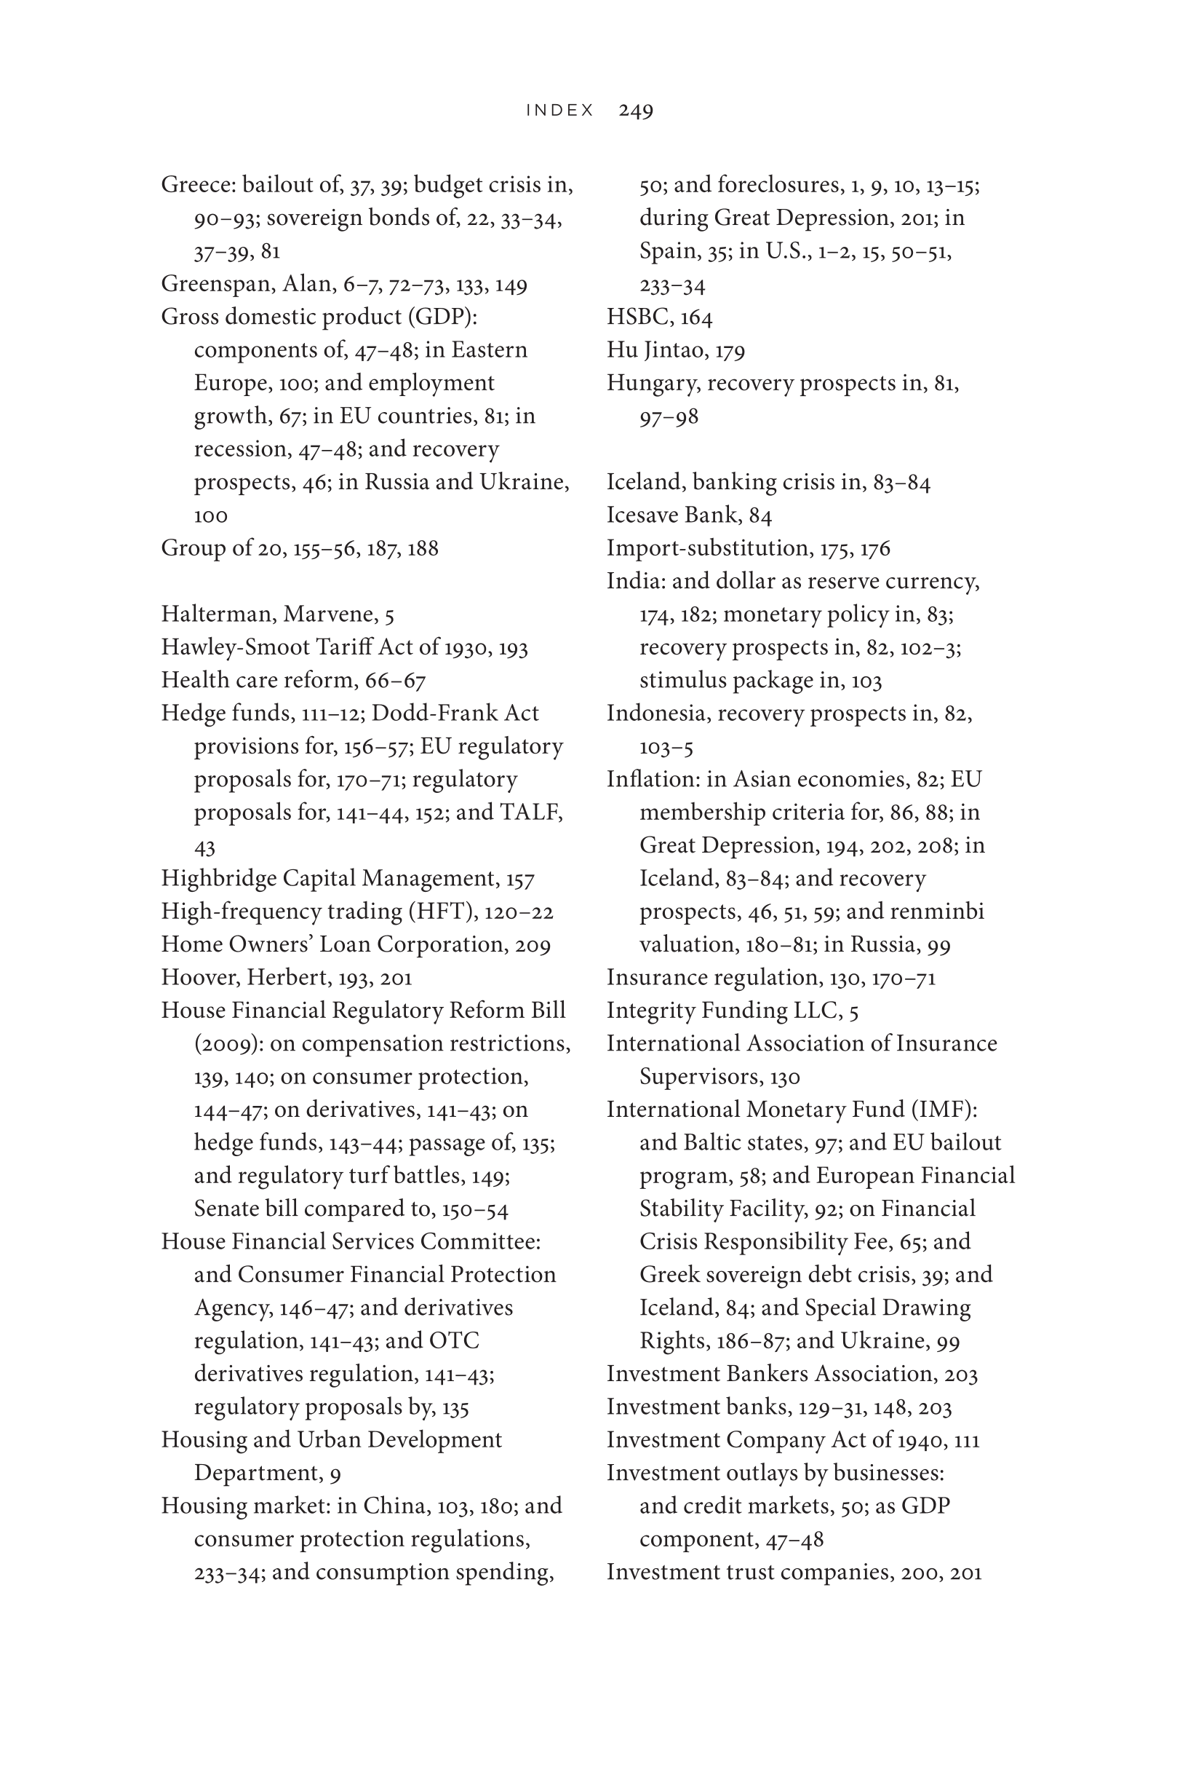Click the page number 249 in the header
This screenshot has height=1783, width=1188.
pos(635,111)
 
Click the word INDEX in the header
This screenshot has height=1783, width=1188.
pos(560,111)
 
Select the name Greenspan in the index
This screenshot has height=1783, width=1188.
pos(217,284)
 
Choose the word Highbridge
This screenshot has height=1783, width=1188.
pos(219,879)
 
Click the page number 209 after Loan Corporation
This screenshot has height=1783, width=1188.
pos(533,945)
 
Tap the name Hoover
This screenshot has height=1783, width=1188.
pos(200,978)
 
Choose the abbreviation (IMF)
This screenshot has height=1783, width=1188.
pos(944,1110)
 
